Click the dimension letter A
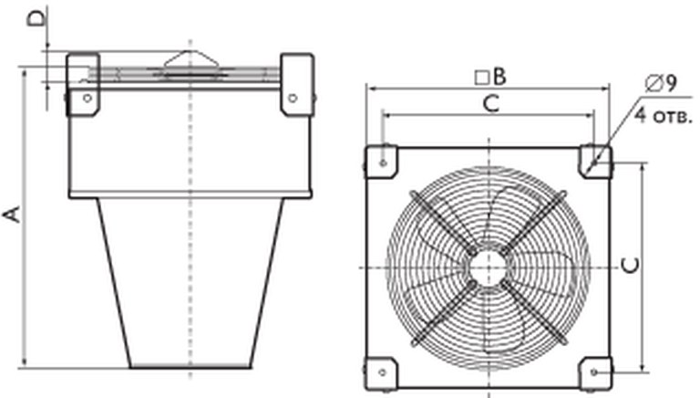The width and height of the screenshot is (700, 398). pyautogui.click(x=12, y=215)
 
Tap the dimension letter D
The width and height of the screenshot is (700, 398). pyautogui.click(x=36, y=19)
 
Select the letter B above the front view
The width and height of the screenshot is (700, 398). pyautogui.click(x=500, y=77)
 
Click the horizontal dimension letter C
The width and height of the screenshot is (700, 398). pyautogui.click(x=491, y=104)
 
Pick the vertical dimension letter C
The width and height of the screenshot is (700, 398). pyautogui.click(x=631, y=266)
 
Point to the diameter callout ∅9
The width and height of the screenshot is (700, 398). pyautogui.click(x=661, y=83)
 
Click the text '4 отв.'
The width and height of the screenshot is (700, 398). pyautogui.click(x=664, y=116)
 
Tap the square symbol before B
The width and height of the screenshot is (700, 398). pyautogui.click(x=482, y=78)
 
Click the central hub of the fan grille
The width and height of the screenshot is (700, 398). pyautogui.click(x=489, y=267)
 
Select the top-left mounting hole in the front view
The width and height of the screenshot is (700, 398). pyautogui.click(x=383, y=163)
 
